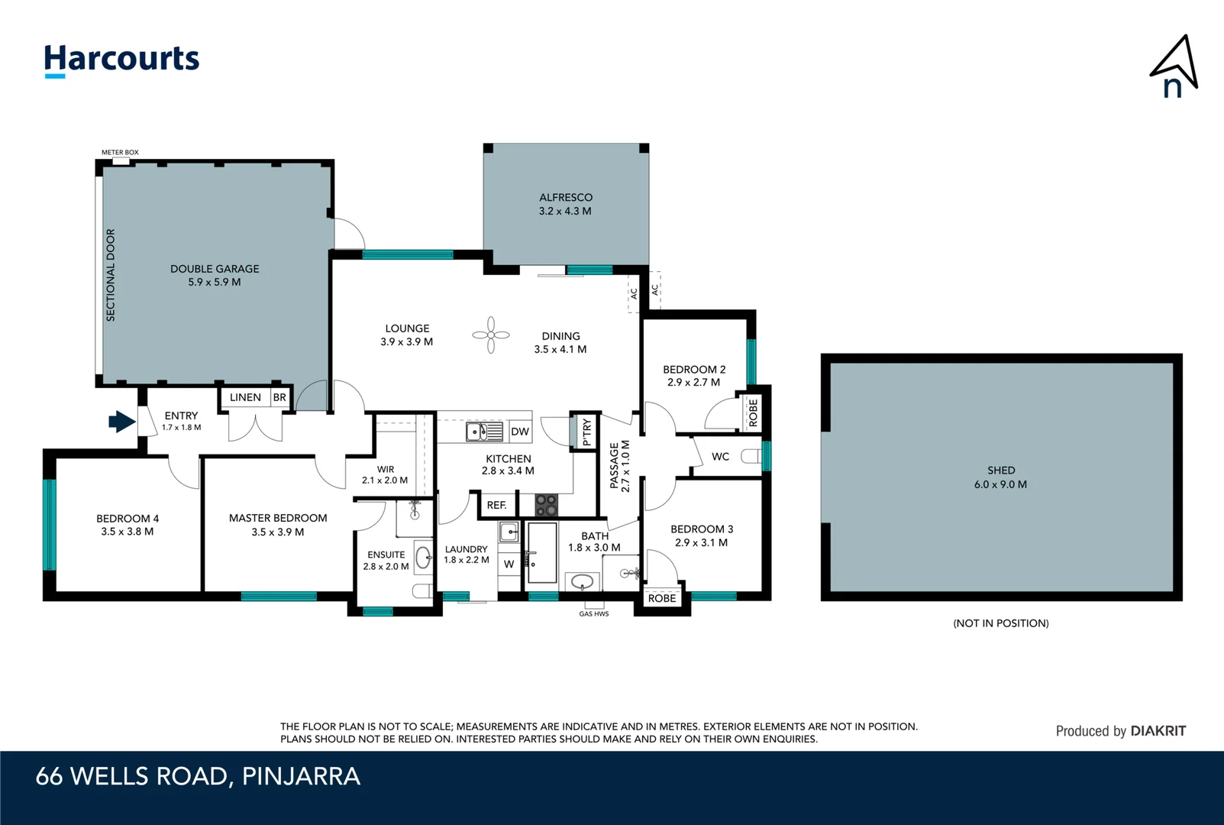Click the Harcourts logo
coord(121,60)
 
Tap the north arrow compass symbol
coord(1174,67)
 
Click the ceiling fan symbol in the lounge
coord(491,335)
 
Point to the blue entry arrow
coord(121,422)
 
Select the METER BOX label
coord(120,153)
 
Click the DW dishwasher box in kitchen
coord(520,432)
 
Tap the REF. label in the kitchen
coord(497,505)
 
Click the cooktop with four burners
coord(546,505)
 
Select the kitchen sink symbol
coord(484,432)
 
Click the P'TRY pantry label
coord(586,432)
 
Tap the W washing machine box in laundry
coord(509,565)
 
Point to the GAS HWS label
coord(594,614)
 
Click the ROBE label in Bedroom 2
coord(754,412)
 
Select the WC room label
coord(720,457)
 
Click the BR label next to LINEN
coord(279,397)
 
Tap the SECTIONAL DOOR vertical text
coord(111,275)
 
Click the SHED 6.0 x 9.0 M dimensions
coord(1000,484)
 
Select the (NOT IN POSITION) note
coord(1000,623)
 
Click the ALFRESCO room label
coord(566,197)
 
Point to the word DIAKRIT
coord(1158,731)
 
